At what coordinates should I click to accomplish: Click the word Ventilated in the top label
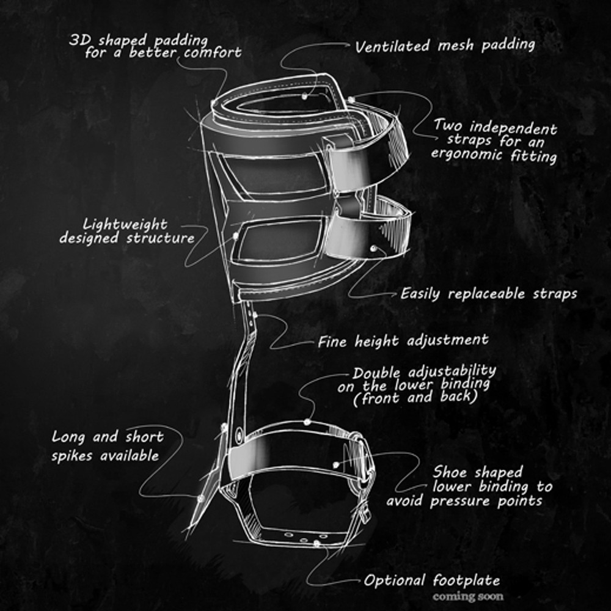pyautogui.click(x=392, y=46)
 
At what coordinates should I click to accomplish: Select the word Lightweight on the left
pyautogui.click(x=125, y=224)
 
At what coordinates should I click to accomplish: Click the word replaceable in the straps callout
pyautogui.click(x=486, y=294)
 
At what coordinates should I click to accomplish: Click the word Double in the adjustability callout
pyautogui.click(x=376, y=373)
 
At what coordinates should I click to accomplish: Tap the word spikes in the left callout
pyautogui.click(x=72, y=456)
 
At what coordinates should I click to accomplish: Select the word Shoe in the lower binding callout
pyautogui.click(x=450, y=472)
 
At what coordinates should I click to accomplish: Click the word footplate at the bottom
pyautogui.click(x=466, y=580)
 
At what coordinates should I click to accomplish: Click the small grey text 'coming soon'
pyautogui.click(x=467, y=596)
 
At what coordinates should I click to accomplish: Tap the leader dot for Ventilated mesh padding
pyautogui.click(x=304, y=95)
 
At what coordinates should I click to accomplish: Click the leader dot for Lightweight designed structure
pyautogui.click(x=235, y=236)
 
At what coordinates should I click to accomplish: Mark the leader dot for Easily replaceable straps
pyautogui.click(x=373, y=248)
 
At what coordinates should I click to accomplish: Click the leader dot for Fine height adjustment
pyautogui.click(x=255, y=315)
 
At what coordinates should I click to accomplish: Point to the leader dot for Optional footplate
pyautogui.click(x=316, y=543)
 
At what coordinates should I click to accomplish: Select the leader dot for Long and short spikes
pyautogui.click(x=200, y=499)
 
